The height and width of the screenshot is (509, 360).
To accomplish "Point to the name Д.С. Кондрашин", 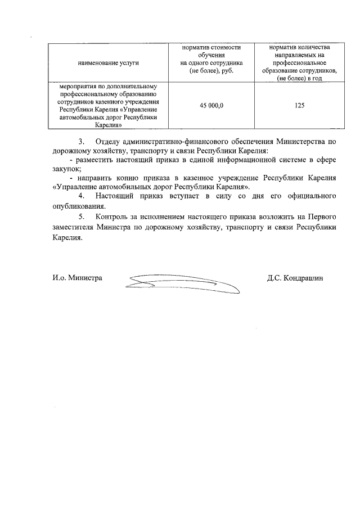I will (296, 278).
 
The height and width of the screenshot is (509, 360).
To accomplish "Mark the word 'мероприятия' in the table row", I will (71, 87).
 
